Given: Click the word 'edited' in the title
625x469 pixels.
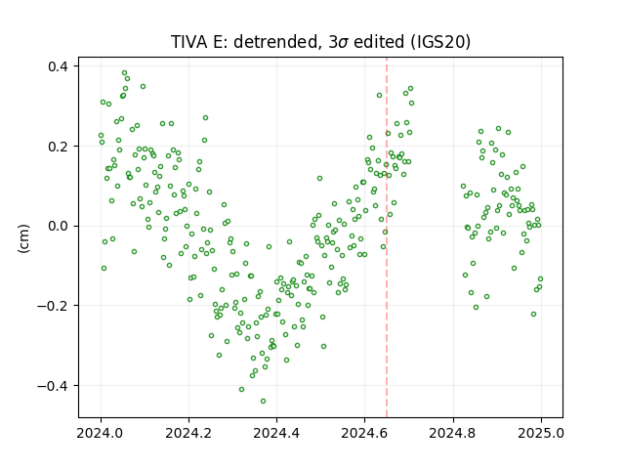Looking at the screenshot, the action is tap(379, 41).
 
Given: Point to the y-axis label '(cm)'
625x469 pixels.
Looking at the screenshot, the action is tap(23, 238).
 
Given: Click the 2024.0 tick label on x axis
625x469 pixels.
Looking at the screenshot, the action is tap(101, 433).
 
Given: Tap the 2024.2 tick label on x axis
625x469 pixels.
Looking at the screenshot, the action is tap(188, 433).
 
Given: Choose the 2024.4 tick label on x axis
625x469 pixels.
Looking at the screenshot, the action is tap(276, 433).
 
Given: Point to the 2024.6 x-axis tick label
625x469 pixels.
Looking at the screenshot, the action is tap(364, 433).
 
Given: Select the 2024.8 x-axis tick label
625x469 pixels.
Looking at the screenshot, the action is tap(453, 433).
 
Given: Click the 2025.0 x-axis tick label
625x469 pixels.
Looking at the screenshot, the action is tap(541, 433).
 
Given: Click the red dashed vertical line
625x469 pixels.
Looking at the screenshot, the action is tap(387, 237).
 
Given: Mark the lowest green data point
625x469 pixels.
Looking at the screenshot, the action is tap(263, 402).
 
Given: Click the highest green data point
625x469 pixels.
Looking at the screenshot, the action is tap(124, 73).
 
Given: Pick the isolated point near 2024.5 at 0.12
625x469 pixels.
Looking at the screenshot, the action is tap(319, 178).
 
